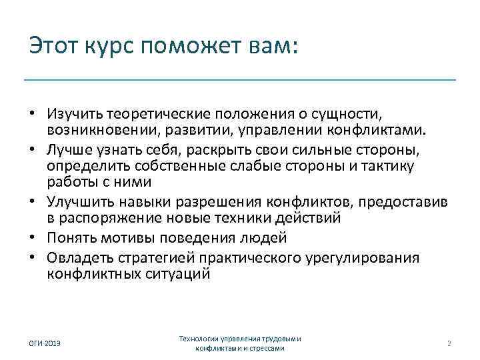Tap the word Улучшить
(x=75, y=201)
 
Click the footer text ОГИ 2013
(x=44, y=343)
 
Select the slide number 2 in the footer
(x=449, y=343)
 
